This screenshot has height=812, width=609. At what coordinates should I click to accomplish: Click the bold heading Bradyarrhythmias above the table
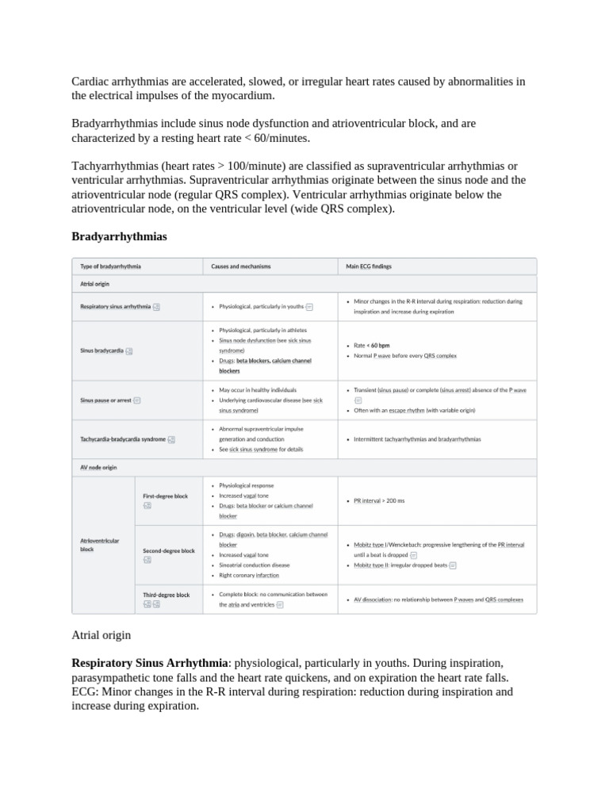tap(119, 236)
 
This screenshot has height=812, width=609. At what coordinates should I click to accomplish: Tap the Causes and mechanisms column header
tap(240, 266)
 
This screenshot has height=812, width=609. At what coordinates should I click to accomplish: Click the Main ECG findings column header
tap(369, 266)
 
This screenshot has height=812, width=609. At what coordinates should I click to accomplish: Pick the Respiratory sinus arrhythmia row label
tap(115, 306)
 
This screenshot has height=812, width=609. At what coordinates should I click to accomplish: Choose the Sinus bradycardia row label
tap(101, 350)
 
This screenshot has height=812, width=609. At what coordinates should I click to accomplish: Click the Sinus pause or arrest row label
tap(105, 400)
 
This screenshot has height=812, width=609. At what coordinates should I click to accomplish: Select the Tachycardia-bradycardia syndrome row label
tap(123, 439)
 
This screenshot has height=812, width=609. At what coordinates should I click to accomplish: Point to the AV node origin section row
tap(98, 467)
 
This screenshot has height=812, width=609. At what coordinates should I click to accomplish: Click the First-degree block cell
tap(165, 496)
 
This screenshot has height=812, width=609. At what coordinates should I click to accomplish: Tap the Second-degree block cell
tap(168, 550)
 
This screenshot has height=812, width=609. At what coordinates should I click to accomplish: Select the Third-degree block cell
tap(166, 595)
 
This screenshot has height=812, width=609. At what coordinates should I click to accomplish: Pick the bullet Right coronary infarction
tap(249, 575)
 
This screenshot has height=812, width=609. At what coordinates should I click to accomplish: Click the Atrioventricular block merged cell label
tap(100, 544)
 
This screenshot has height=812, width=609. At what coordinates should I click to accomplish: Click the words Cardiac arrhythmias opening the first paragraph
tap(116, 82)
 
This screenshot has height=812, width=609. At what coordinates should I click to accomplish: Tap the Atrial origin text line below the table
tap(101, 635)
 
